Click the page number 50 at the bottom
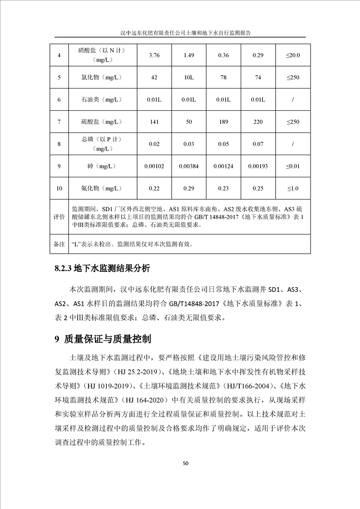185,463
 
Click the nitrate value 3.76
155,55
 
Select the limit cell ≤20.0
293,55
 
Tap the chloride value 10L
188,78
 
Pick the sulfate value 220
258,122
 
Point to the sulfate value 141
155,122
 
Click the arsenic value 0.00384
188,166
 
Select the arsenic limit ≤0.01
293,166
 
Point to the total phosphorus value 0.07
258,144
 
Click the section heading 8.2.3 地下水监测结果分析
102,268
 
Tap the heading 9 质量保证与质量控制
102,339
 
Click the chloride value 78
223,78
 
